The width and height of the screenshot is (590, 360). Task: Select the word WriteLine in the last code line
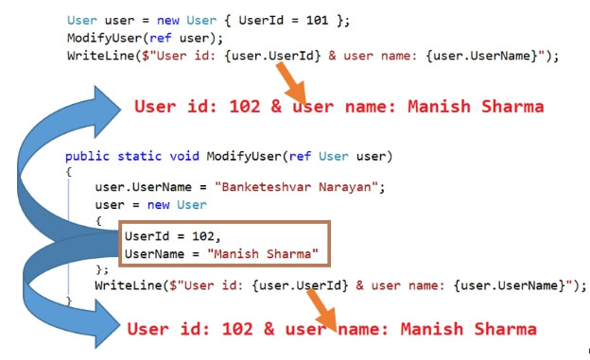pyautogui.click(x=127, y=285)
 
